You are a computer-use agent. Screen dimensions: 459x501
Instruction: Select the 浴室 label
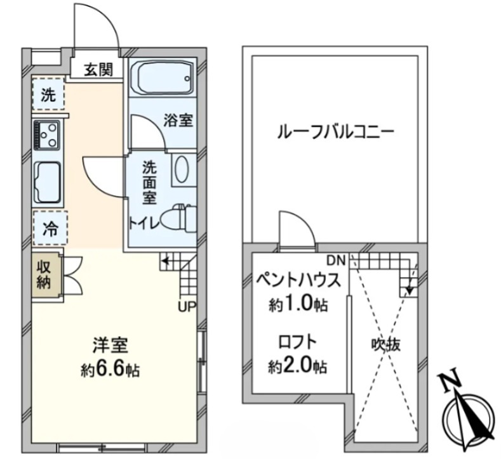178,120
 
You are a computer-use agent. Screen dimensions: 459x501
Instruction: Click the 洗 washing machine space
48,96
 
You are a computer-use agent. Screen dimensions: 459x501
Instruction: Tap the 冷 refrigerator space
48,228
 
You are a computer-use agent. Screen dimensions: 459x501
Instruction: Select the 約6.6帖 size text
111,369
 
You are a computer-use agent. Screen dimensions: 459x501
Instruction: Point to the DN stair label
336,259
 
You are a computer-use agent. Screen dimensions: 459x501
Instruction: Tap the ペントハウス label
298,280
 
